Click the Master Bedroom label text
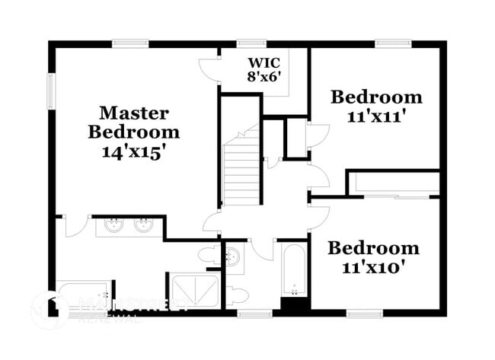pyautogui.click(x=134, y=123)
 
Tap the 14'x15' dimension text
pyautogui.click(x=134, y=151)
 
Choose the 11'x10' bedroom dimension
pyautogui.click(x=373, y=267)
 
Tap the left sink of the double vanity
pyautogui.click(x=114, y=225)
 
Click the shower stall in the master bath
pyautogui.click(x=195, y=292)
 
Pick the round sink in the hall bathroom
pyautogui.click(x=233, y=255)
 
